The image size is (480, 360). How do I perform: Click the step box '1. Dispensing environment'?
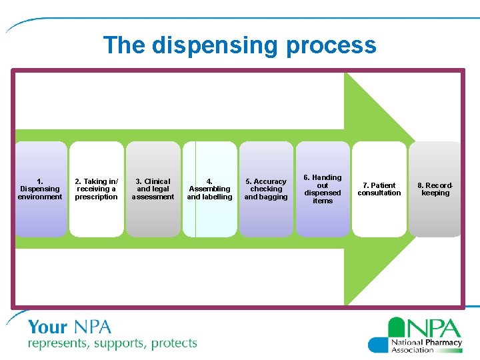pos(41,189)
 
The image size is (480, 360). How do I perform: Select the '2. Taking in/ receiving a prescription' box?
pos(97,189)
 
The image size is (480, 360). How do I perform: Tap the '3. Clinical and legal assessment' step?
pos(153,189)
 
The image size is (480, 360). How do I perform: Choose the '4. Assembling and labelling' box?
pos(209,189)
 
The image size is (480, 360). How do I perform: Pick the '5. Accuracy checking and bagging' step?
pos(266,189)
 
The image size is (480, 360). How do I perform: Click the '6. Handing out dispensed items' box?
pos(323,189)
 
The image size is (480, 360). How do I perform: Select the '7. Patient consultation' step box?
pos(379,189)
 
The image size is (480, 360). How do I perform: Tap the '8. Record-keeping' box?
pos(435,189)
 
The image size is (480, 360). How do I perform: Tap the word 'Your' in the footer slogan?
pos(47,327)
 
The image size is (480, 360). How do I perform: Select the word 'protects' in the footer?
pos(174,344)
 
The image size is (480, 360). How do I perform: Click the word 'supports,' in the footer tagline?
pos(119,344)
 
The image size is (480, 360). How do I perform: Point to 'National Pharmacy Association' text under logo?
pos(426,345)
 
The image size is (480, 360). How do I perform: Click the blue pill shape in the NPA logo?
pos(378,344)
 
